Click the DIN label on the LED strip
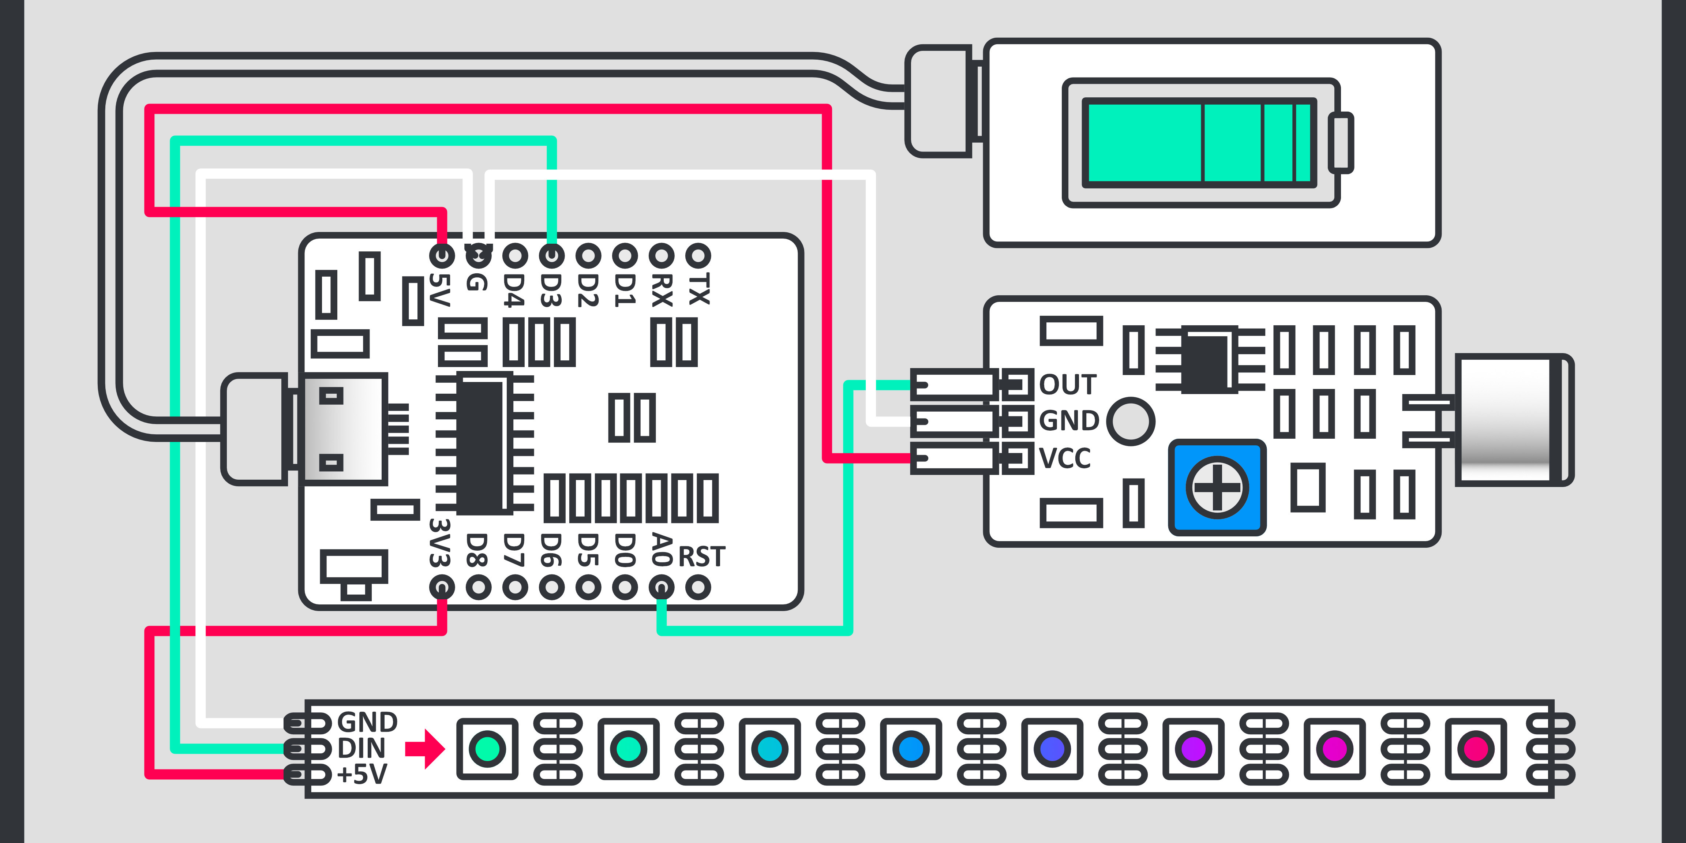coord(361,748)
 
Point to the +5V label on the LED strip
coord(362,774)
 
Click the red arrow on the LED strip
coord(426,748)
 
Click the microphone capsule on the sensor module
coord(1512,420)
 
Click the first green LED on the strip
coord(487,749)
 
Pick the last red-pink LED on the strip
coord(1476,749)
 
